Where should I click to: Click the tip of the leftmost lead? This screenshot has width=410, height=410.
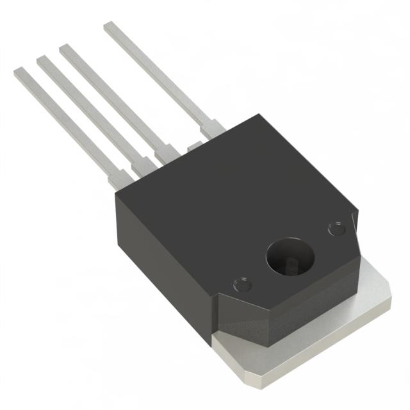coord(19,73)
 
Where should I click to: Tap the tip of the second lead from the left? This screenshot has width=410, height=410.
coord(42,61)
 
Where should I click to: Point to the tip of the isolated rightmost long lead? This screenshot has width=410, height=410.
coord(110,26)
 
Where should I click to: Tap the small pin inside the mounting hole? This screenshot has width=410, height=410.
coord(291,265)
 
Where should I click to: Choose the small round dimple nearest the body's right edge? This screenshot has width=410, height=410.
coord(335,228)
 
